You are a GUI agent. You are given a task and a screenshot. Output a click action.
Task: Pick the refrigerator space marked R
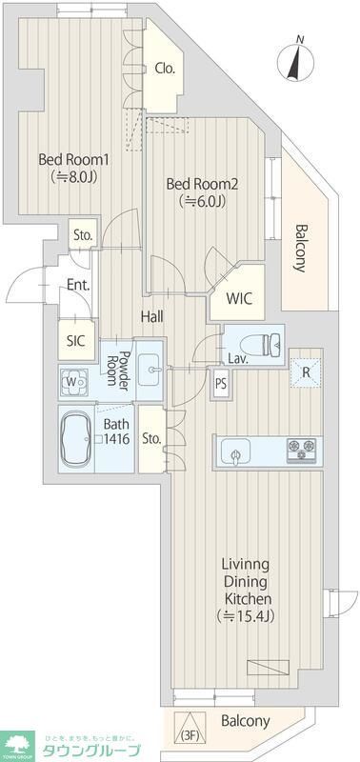pos(304,372)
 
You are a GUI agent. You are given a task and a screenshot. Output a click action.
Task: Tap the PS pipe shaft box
pos(221,385)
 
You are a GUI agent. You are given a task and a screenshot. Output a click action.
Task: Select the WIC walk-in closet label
pos(239,297)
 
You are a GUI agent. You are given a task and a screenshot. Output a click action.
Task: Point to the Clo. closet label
pos(164,69)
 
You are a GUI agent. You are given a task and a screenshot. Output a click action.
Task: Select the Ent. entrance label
pos(77,285)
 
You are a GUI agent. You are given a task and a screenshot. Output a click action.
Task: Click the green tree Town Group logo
pos(19,742)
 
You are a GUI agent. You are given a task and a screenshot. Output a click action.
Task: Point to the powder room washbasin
pos(150,367)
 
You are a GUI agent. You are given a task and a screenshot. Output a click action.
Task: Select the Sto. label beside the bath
pos(150,438)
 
